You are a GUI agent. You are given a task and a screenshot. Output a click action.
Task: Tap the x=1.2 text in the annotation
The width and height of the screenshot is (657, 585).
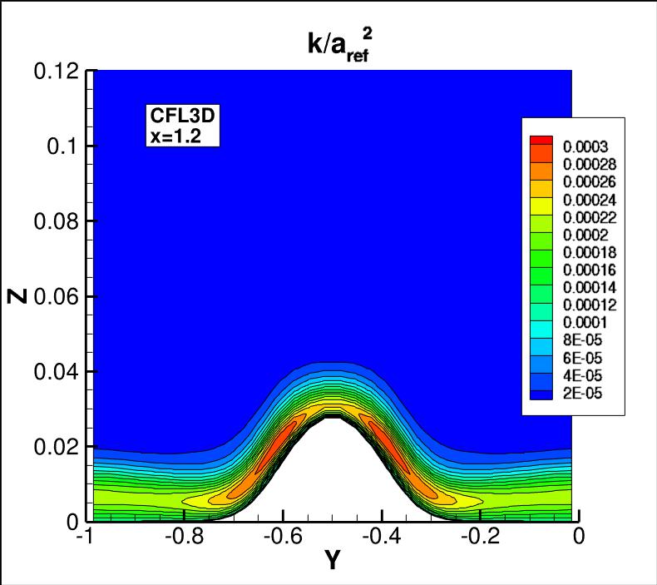point(171,138)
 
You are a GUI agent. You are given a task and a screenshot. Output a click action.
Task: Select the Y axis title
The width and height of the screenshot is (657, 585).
point(333,561)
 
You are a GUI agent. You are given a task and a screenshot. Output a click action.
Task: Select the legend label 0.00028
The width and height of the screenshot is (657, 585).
point(590,164)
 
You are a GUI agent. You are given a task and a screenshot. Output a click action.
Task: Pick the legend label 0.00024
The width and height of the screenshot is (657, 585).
point(590,199)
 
